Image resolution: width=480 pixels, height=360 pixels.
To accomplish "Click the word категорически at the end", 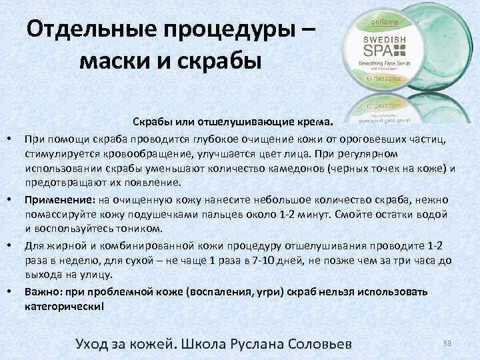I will pos(63,306).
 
